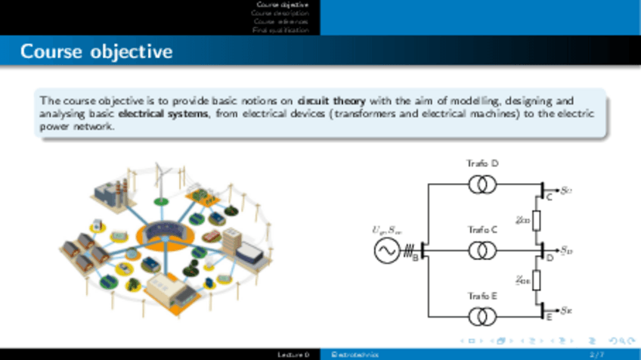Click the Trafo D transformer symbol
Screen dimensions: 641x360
click(x=482, y=184)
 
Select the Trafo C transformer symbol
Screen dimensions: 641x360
click(x=482, y=250)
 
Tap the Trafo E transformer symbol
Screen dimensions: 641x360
click(x=482, y=315)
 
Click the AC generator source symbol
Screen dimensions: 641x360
click(x=386, y=250)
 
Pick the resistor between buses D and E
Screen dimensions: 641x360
click(x=537, y=281)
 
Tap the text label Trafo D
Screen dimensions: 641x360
click(x=482, y=163)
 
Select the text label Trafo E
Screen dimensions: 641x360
click(x=482, y=296)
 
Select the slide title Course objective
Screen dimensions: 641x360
click(x=96, y=52)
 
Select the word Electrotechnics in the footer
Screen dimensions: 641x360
click(x=350, y=354)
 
